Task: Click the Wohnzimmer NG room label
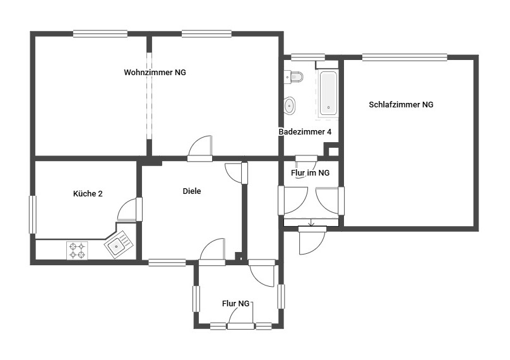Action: coord(155,73)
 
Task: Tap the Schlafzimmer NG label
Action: coord(401,105)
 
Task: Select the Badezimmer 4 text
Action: coord(305,132)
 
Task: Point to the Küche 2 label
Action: coord(88,193)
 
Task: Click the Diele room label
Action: coord(192,191)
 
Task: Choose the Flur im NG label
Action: coord(310,172)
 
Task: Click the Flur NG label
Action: coord(236,304)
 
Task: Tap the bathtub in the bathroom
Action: coord(329,93)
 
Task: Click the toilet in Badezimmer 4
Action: coord(295,78)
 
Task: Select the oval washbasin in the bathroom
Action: coord(290,105)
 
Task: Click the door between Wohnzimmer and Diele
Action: coord(200,148)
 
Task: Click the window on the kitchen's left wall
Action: coord(33,215)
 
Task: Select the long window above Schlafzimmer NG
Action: coord(405,57)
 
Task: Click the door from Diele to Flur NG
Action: coord(213,250)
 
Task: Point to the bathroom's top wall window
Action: coord(307,57)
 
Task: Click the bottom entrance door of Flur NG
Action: coord(240,326)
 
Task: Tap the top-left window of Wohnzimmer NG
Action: coord(100,33)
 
